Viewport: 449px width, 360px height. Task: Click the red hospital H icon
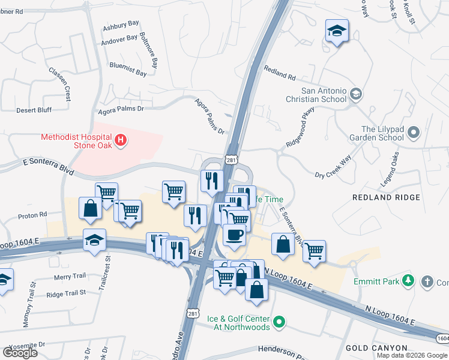pyautogui.click(x=121, y=141)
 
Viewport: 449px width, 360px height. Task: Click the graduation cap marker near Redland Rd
pyautogui.click(x=337, y=31)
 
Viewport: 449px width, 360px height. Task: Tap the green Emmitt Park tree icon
pyautogui.click(x=408, y=280)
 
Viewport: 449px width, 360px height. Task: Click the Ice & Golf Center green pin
pyautogui.click(x=279, y=323)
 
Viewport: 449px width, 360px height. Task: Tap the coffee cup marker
pyautogui.click(x=234, y=234)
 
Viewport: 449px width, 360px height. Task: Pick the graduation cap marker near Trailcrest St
pyautogui.click(x=94, y=241)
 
